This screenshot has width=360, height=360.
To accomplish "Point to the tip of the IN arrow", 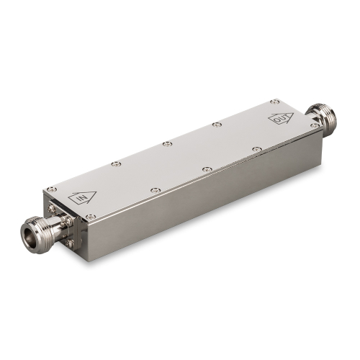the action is [96, 192].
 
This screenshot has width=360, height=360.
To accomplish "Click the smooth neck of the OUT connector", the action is [311, 117].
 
